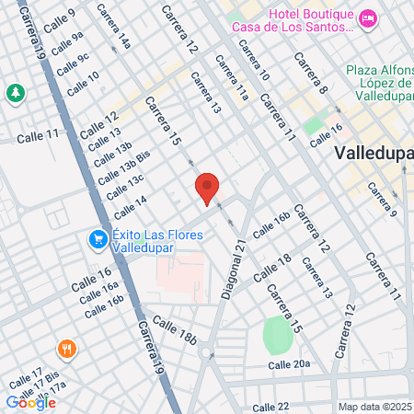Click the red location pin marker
(207, 189)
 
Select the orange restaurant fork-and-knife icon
(65, 349)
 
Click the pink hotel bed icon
(368, 17)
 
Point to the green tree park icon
(16, 93)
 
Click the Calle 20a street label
(290, 365)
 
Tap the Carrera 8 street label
(311, 73)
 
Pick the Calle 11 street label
(38, 135)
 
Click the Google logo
(30, 402)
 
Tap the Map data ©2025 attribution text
(374, 407)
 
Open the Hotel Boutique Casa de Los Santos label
(310, 20)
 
